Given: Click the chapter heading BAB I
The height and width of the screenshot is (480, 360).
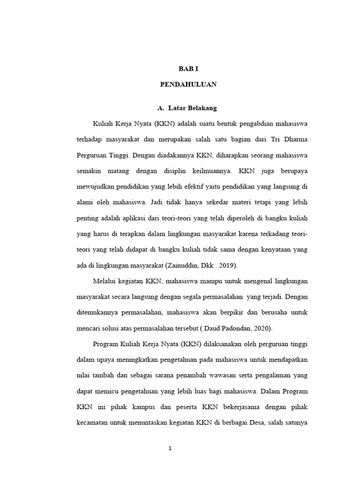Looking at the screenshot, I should pos(188,68).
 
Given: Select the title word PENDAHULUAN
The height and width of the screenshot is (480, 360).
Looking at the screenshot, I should pos(188,85).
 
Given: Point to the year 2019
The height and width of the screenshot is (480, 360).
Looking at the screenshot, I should pos(228,265).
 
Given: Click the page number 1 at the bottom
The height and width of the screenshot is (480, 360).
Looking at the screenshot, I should pos(171,448).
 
